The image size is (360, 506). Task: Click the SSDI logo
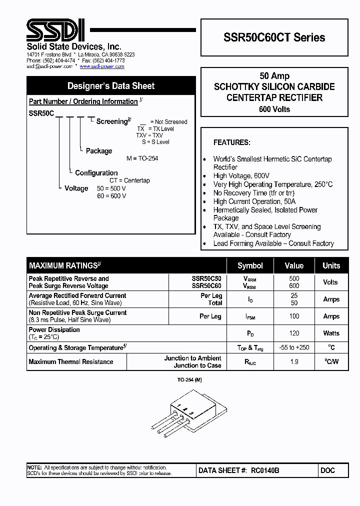(x=55, y=31)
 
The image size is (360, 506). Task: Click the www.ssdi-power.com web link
(x=102, y=66)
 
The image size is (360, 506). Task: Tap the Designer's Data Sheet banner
(x=111, y=86)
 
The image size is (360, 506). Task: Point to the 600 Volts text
(x=274, y=109)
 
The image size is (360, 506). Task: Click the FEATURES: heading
(x=231, y=142)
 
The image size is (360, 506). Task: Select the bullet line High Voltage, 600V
(x=241, y=176)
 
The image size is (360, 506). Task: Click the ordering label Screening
(x=112, y=121)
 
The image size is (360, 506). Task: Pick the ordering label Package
(x=99, y=151)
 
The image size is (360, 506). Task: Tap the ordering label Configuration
(x=96, y=173)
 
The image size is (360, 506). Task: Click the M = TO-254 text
(x=142, y=158)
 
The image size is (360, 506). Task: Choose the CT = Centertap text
(x=129, y=180)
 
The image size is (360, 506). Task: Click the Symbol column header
(x=250, y=265)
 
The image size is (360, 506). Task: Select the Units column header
(x=331, y=265)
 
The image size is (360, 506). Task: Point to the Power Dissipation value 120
(x=294, y=333)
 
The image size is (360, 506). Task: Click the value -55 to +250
(x=294, y=347)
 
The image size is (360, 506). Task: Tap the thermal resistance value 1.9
(x=294, y=361)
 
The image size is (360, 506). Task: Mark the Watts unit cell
(x=331, y=333)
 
